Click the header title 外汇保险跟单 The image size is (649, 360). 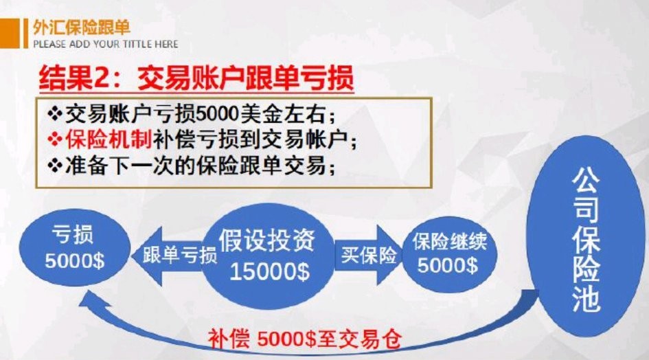(x=81, y=27)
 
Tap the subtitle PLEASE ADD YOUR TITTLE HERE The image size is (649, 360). (x=105, y=44)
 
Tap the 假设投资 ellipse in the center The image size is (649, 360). (x=268, y=254)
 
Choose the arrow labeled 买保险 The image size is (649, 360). (x=367, y=255)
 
